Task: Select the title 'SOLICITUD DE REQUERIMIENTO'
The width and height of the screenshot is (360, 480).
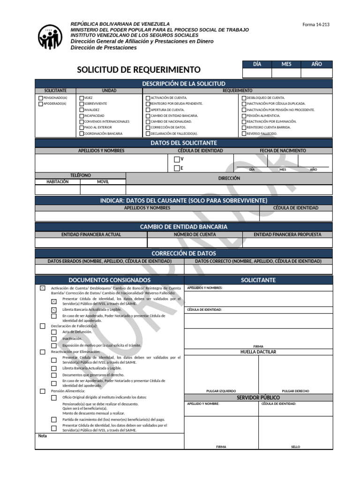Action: (x=138, y=70)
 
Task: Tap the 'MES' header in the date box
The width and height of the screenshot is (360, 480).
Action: (x=286, y=64)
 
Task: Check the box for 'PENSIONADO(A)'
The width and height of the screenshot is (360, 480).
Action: (x=40, y=98)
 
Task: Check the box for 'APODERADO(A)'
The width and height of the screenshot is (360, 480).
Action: (x=40, y=104)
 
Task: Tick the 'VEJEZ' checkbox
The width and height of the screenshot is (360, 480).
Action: (x=82, y=98)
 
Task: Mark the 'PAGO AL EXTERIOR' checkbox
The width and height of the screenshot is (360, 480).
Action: (x=82, y=127)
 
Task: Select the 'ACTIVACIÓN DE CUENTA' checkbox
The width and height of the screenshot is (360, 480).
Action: (x=148, y=98)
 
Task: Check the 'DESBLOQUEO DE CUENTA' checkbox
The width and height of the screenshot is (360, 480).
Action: (x=244, y=98)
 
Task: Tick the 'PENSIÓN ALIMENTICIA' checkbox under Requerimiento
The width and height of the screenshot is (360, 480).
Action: (x=244, y=116)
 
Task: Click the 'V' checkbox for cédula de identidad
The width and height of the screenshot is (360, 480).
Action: (x=177, y=159)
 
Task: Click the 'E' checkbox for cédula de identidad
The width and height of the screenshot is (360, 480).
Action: (x=177, y=168)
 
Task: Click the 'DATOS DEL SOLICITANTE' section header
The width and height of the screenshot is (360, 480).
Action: (x=184, y=143)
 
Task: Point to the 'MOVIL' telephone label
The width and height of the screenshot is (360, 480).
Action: (x=103, y=182)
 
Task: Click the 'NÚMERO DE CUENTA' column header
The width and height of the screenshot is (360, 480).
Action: (x=195, y=234)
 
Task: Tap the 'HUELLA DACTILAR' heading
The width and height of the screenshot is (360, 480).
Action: (x=258, y=352)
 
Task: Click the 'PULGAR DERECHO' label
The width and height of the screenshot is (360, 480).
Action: (x=295, y=391)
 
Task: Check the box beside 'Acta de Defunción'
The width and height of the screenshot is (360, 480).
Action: (x=54, y=332)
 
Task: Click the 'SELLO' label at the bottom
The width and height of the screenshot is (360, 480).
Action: (x=295, y=447)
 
